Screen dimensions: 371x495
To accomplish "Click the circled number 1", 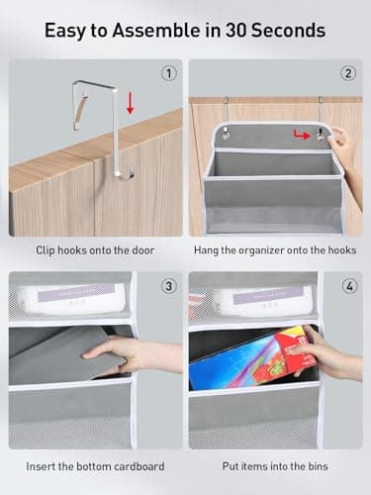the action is tap(169, 73).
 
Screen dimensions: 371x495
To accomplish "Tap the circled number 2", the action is tap(348, 73).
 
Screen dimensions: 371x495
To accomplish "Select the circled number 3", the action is tap(168, 286).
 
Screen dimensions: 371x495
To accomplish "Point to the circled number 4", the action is tap(349, 286).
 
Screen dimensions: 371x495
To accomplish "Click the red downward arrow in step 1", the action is tap(131, 103).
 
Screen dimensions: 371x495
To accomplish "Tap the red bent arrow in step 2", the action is tap(302, 134).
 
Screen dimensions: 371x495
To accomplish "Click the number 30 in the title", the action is tap(236, 31).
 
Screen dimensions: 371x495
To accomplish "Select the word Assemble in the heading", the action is tap(156, 31).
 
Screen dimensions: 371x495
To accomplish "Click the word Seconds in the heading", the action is tap(288, 31).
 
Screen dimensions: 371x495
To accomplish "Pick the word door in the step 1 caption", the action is tap(142, 250).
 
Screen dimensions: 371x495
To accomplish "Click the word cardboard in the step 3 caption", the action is tap(137, 466).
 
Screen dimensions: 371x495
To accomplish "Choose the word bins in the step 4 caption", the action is tap(318, 466).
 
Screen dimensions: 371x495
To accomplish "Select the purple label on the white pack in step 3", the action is tap(76, 293).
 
